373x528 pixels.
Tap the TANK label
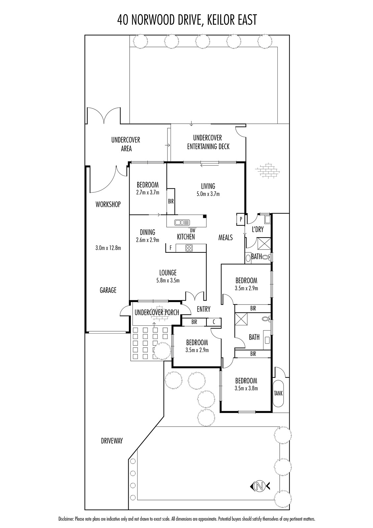(278, 393)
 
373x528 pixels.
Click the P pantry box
(241, 219)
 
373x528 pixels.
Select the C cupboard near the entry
(214, 322)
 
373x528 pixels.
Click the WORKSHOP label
(108, 204)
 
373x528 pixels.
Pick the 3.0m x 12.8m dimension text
(108, 247)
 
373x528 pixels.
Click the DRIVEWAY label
(112, 441)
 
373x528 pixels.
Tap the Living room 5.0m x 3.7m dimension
(208, 194)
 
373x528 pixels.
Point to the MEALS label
(226, 237)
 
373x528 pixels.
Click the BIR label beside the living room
(171, 201)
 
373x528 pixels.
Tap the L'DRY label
(258, 229)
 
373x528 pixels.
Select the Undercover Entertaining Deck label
(208, 142)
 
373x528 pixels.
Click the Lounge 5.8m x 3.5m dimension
(168, 281)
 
